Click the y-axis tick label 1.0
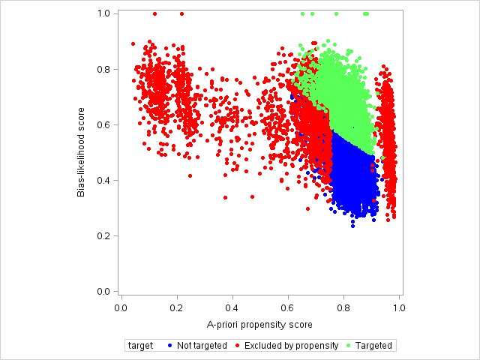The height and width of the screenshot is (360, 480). (x=104, y=13)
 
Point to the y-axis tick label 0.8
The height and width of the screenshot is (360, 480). (x=104, y=69)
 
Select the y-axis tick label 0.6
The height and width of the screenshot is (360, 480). (x=104, y=124)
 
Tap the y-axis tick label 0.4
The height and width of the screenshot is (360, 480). (x=104, y=180)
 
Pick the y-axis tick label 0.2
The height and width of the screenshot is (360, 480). (x=104, y=235)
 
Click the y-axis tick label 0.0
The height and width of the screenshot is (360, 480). (x=104, y=291)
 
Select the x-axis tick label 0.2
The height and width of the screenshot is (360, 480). (x=177, y=307)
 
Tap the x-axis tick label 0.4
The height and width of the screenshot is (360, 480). (x=232, y=307)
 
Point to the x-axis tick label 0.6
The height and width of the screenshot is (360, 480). (x=288, y=307)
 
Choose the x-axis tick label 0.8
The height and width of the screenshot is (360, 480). (x=343, y=307)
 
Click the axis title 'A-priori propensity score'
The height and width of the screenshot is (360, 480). (x=259, y=325)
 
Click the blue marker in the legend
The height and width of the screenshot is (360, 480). (x=170, y=346)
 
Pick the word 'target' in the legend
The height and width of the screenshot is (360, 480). (x=141, y=346)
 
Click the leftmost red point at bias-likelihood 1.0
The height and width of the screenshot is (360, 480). (x=154, y=13)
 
